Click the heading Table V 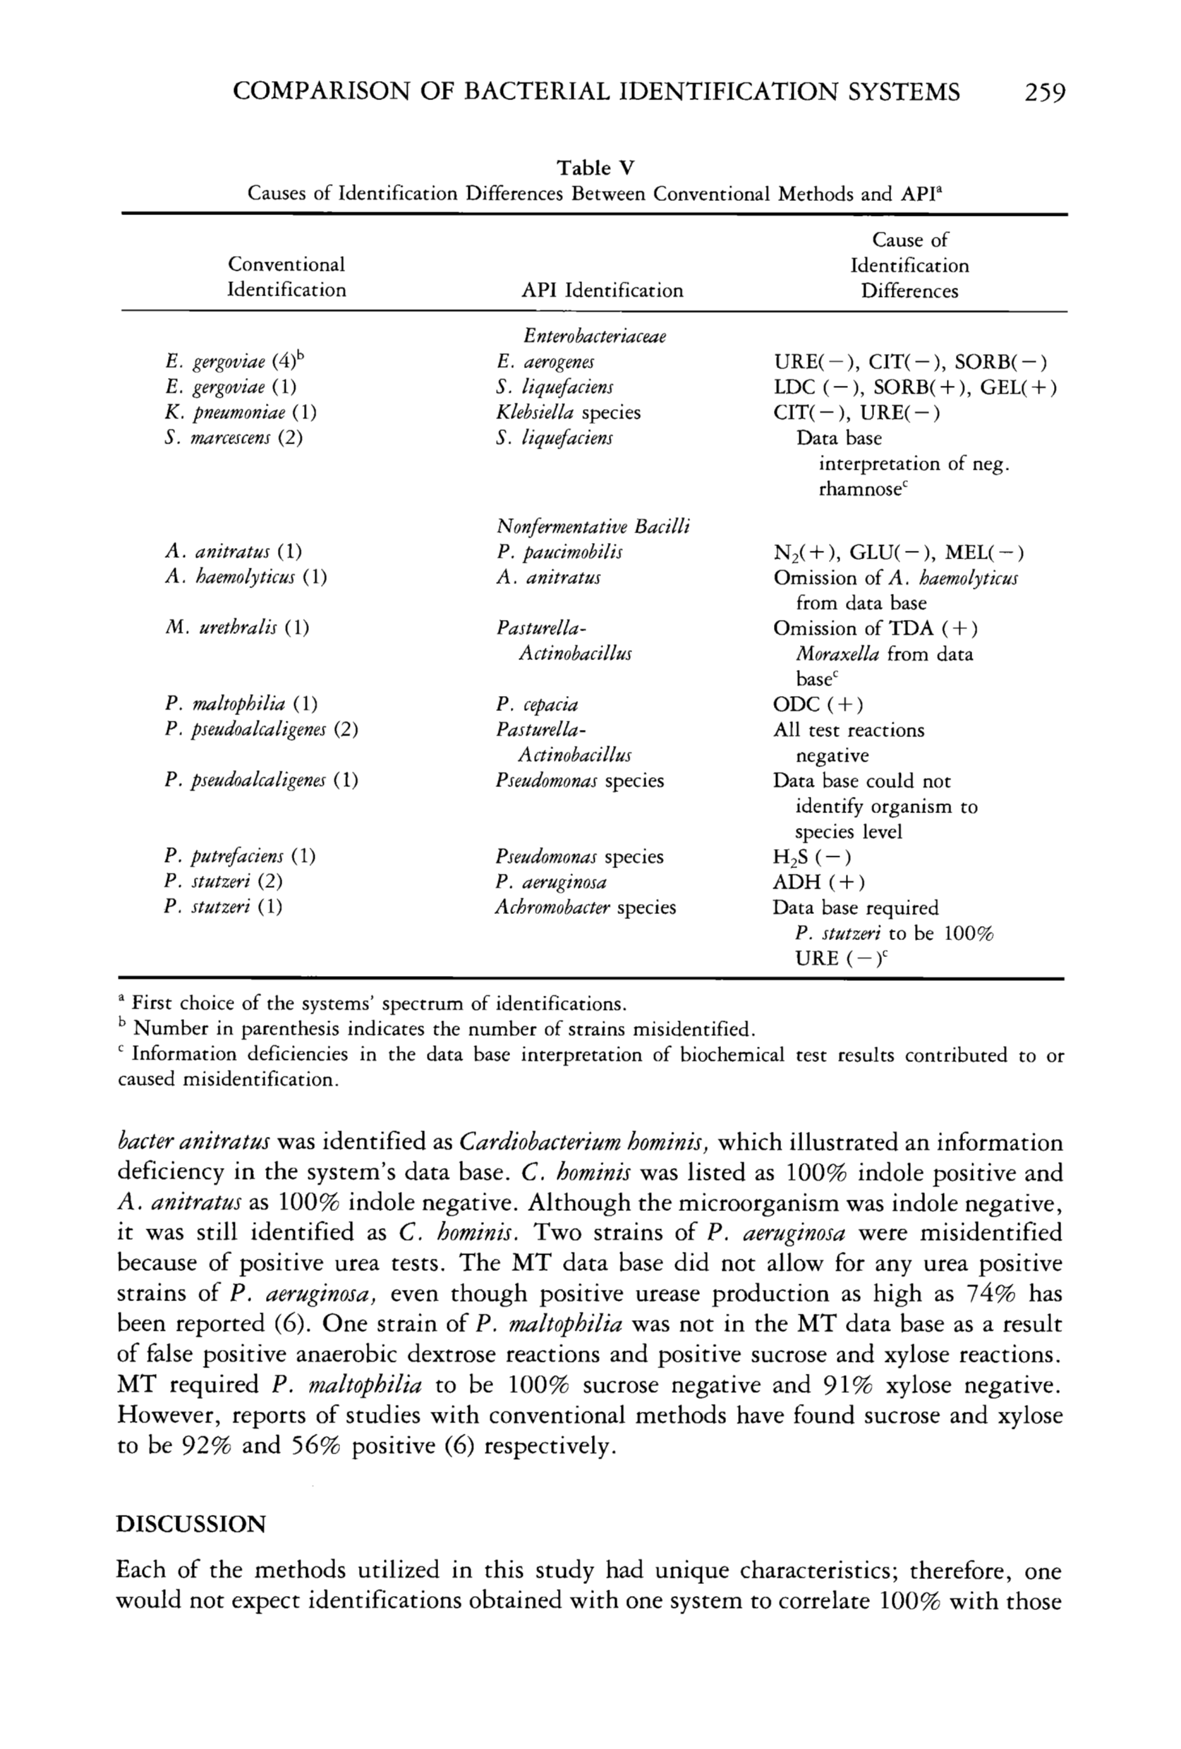pos(595,167)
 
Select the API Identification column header pos(602,291)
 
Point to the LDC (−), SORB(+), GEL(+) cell pos(914,388)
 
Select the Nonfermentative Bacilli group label pos(593,526)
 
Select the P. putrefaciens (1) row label pos(239,856)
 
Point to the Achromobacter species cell pos(585,908)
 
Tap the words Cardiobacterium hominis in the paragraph pos(584,1142)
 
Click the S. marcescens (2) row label pos(234,438)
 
